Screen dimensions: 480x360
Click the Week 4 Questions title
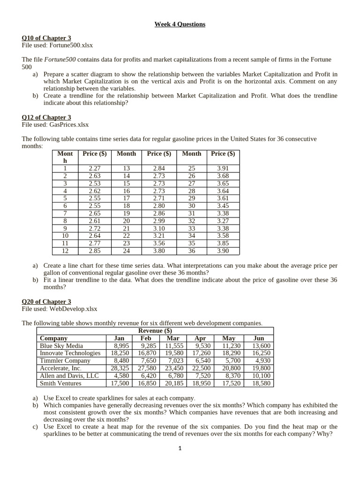(x=180, y=24)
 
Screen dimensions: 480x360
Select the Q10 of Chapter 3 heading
(x=46, y=38)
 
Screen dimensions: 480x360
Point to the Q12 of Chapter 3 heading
(x=46, y=117)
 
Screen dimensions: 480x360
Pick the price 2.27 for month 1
(x=95, y=168)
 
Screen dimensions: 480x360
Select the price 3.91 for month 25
(x=223, y=168)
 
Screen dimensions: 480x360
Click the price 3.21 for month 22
(x=159, y=236)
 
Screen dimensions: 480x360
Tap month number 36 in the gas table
(x=191, y=251)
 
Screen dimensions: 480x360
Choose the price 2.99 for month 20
(x=159, y=221)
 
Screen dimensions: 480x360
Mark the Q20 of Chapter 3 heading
(x=46, y=302)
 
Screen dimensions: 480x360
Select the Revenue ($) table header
(x=155, y=331)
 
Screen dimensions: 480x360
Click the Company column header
(x=53, y=338)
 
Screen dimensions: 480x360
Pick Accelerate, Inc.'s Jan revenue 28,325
(x=120, y=368)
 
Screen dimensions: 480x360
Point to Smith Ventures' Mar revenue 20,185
(x=174, y=383)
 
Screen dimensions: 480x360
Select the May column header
(x=229, y=338)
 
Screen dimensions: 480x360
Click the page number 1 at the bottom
(x=180, y=448)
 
